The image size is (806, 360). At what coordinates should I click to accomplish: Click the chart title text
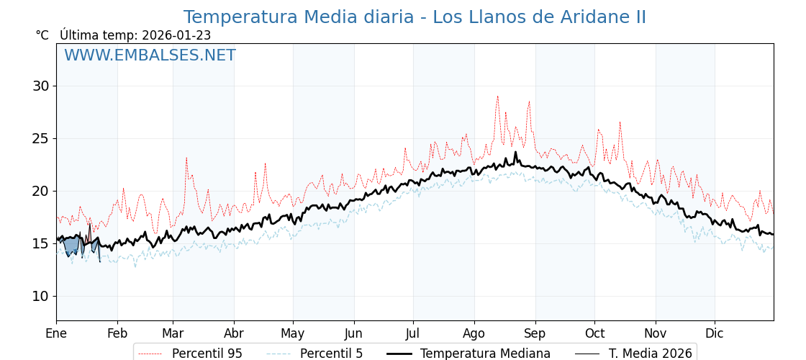click(x=415, y=17)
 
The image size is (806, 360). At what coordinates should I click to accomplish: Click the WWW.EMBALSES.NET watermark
click(x=150, y=55)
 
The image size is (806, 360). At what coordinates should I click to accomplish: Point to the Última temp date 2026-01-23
click(x=176, y=35)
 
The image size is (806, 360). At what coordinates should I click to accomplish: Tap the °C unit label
click(x=42, y=35)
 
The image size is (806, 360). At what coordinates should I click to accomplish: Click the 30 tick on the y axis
click(x=40, y=86)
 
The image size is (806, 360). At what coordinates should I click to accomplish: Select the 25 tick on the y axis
click(x=40, y=138)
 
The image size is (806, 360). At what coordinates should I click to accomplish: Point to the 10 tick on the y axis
click(x=40, y=296)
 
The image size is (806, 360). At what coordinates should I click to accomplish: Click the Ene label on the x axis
click(x=56, y=333)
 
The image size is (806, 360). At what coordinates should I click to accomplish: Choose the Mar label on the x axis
click(x=173, y=333)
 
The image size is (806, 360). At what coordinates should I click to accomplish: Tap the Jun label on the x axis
click(x=353, y=333)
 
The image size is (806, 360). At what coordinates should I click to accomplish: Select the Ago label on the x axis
click(x=474, y=333)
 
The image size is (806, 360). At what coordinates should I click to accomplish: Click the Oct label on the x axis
click(x=594, y=333)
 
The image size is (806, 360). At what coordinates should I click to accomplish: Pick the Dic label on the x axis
click(x=715, y=333)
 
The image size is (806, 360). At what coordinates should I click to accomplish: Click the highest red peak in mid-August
click(x=497, y=97)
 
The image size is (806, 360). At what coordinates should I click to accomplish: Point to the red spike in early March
click(x=186, y=159)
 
